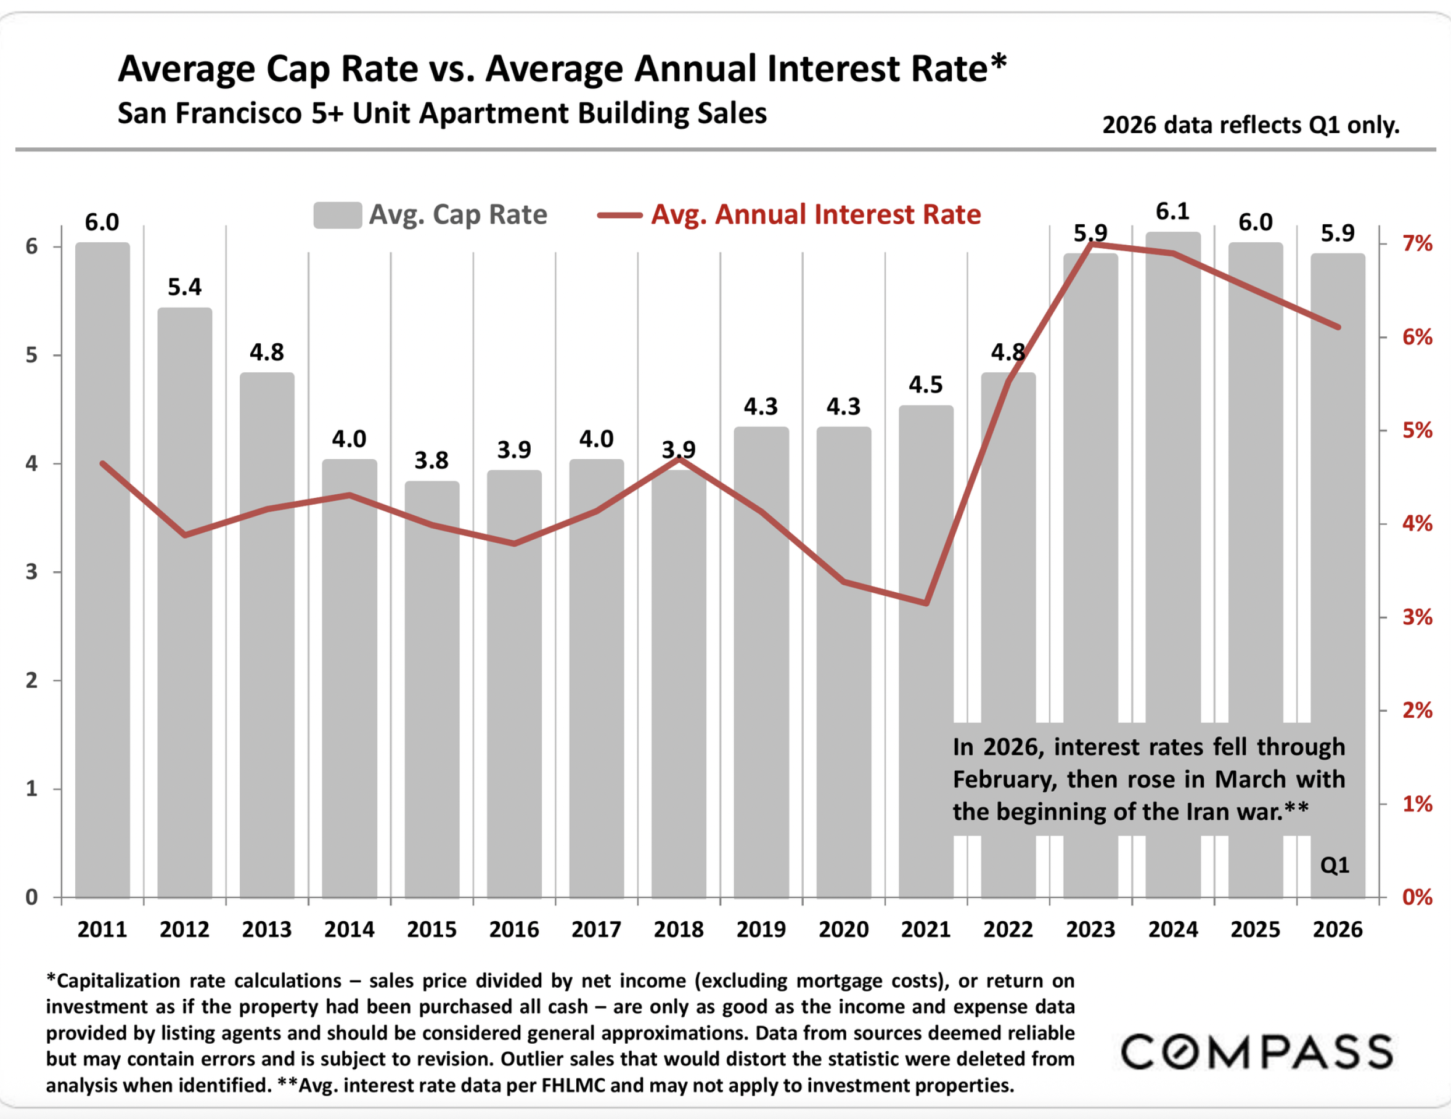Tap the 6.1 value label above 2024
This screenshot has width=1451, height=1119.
click(x=1172, y=212)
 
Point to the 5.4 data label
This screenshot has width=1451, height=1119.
click(x=185, y=287)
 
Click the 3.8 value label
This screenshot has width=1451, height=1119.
click(x=432, y=460)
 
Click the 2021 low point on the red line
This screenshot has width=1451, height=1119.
click(x=926, y=603)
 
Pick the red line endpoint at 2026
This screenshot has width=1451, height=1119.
click(x=1338, y=327)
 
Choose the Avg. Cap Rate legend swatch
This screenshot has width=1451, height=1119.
click(x=338, y=215)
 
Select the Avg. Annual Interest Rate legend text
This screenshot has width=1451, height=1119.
click(x=816, y=214)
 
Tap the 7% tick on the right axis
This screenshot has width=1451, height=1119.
click(x=1417, y=244)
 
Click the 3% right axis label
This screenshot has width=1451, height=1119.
click(x=1417, y=617)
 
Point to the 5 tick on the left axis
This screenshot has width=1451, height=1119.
click(x=32, y=356)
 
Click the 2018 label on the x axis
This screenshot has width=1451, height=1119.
click(x=678, y=929)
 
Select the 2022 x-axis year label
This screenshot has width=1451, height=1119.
click(x=1008, y=929)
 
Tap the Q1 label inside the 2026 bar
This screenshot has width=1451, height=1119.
click(x=1335, y=865)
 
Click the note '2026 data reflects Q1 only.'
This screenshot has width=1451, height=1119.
click(x=1250, y=125)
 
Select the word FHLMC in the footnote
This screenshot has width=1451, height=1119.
click(x=573, y=1085)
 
